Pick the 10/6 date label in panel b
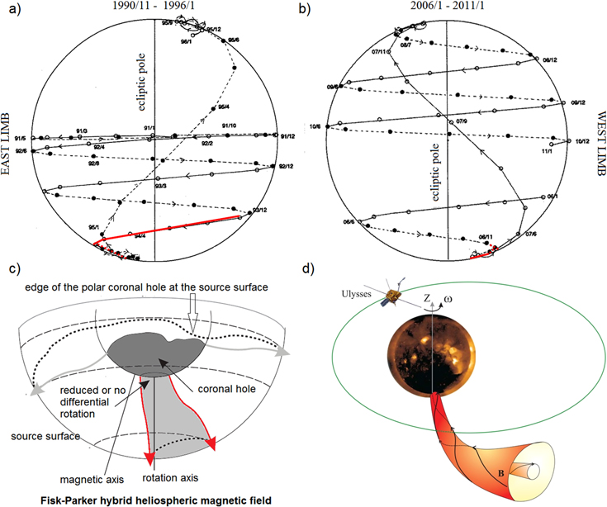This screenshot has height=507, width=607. pos(336,126)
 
